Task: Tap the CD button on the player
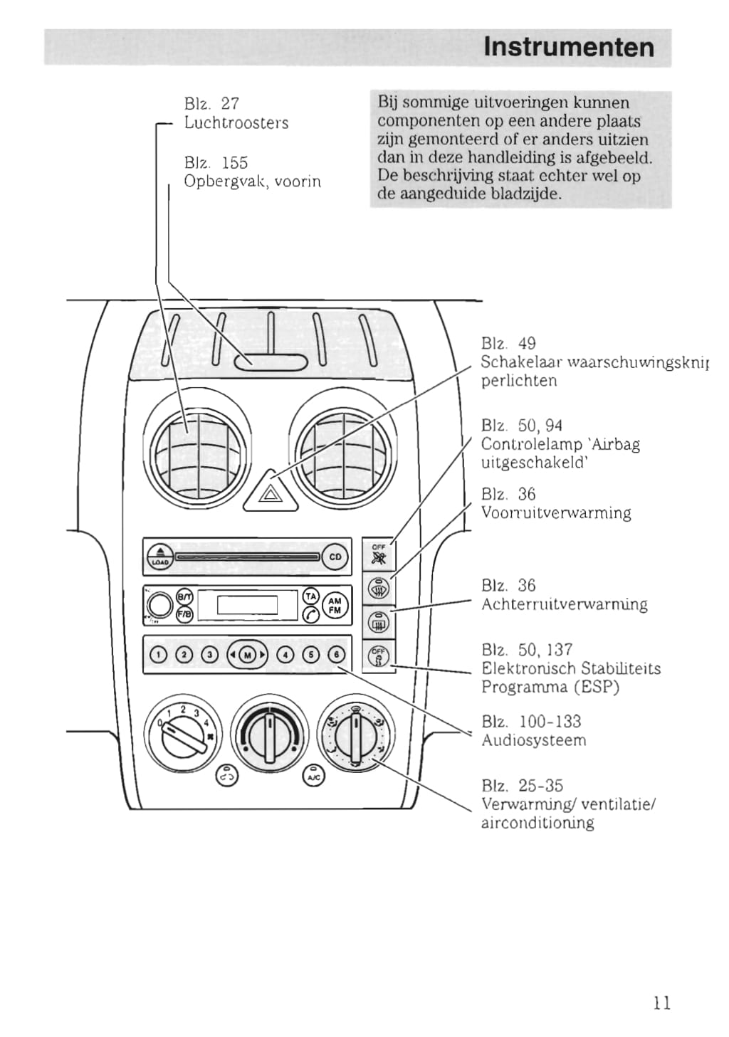coord(335,557)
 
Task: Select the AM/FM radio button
coord(335,606)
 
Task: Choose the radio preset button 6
coord(335,655)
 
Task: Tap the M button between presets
coord(247,655)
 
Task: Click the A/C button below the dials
coord(313,776)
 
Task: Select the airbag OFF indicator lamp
coord(379,555)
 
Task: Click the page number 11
coord(661,1003)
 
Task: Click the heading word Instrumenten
coord(568,47)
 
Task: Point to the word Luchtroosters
coord(236,122)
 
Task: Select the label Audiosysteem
coord(534,740)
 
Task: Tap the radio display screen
coord(247,605)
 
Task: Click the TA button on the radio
coord(311,595)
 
